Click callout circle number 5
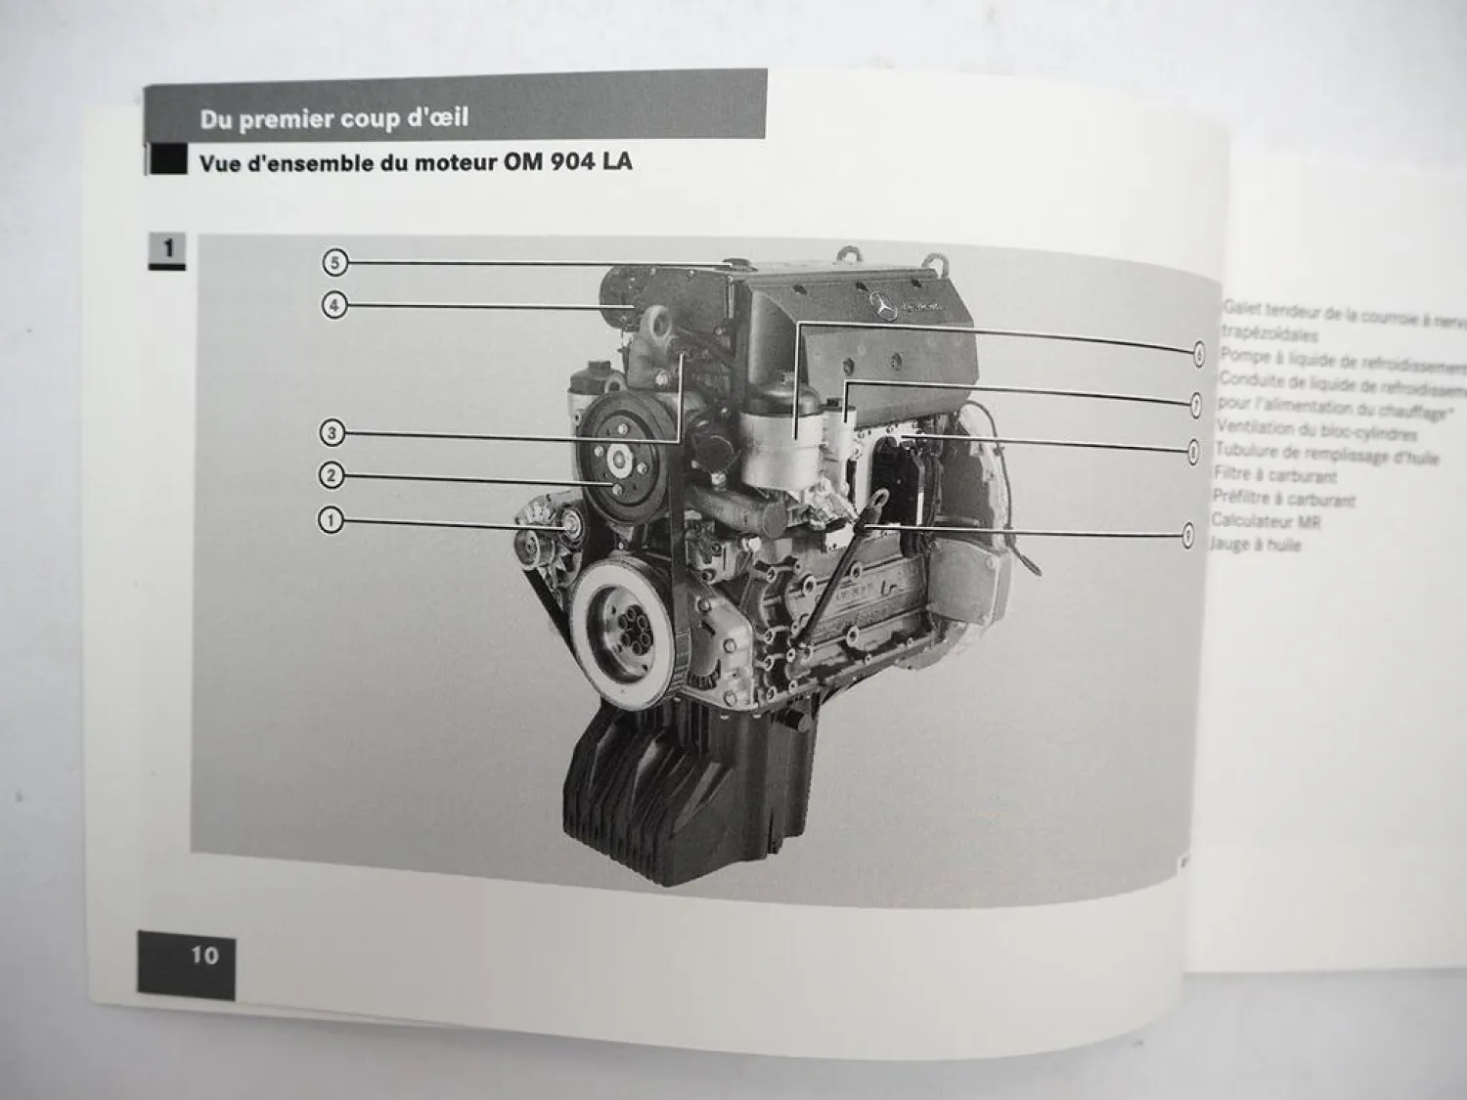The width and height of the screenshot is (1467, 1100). tap(334, 262)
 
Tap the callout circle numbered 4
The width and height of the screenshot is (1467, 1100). tap(334, 306)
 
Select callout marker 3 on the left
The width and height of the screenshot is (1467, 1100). tap(332, 432)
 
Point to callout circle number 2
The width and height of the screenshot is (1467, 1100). tap(332, 476)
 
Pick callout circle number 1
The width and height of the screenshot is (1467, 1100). tap(331, 520)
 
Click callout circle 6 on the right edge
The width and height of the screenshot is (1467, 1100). tap(1198, 355)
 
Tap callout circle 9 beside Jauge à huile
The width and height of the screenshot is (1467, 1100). tap(1188, 535)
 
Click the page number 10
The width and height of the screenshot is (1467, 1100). tap(204, 955)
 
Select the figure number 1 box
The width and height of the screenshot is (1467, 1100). tap(167, 249)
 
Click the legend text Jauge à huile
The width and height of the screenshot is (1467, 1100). tap(1257, 545)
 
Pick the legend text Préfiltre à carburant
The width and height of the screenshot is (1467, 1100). tap(1283, 499)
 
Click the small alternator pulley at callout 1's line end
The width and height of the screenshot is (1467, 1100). tap(568, 529)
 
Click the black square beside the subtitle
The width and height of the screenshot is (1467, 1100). tap(167, 160)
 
